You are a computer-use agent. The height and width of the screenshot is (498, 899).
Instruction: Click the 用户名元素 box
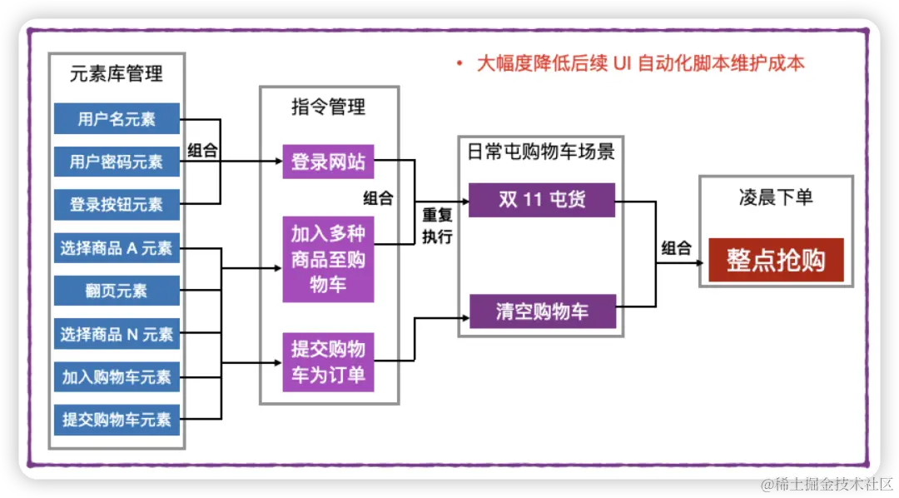(x=117, y=119)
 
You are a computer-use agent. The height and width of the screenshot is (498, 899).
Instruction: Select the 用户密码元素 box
(x=117, y=162)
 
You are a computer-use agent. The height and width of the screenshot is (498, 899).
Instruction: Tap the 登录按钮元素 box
(x=117, y=204)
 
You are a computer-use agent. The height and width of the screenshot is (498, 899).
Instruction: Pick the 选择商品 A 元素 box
(x=117, y=247)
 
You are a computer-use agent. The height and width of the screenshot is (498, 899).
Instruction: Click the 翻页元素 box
(x=117, y=291)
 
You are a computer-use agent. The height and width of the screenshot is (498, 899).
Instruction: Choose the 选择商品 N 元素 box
(x=117, y=334)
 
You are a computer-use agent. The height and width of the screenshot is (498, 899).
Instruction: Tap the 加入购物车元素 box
(x=117, y=377)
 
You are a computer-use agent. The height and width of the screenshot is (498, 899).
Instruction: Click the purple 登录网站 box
(x=328, y=162)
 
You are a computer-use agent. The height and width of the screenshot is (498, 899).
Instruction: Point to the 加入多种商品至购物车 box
(x=328, y=259)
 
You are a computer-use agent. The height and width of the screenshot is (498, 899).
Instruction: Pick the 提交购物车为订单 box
(x=328, y=361)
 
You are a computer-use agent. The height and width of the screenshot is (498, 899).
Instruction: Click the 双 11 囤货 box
(x=541, y=200)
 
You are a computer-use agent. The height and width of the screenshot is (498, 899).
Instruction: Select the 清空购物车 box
(x=541, y=311)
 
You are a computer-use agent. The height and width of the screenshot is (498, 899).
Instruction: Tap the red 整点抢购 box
(x=776, y=260)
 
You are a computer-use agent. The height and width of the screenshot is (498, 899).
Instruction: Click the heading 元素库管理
(x=116, y=73)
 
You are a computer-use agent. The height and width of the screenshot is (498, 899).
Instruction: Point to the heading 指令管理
(x=328, y=107)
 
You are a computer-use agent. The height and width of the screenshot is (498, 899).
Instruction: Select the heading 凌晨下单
(x=776, y=197)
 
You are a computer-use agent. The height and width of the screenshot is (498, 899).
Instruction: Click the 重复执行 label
(x=437, y=226)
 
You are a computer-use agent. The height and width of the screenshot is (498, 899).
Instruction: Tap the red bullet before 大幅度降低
(x=459, y=64)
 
